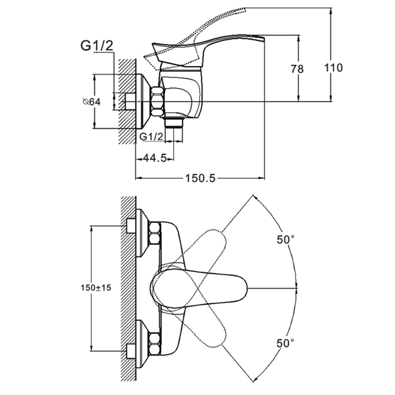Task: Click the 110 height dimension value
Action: click(334, 68)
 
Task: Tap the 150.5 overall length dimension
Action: click(201, 178)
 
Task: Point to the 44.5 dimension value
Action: click(154, 158)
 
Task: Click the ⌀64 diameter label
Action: click(91, 102)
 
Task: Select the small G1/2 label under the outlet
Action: click(151, 137)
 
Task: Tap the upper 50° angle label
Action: click(285, 239)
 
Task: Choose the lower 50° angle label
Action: click(285, 343)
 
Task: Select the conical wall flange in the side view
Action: click(144, 102)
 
